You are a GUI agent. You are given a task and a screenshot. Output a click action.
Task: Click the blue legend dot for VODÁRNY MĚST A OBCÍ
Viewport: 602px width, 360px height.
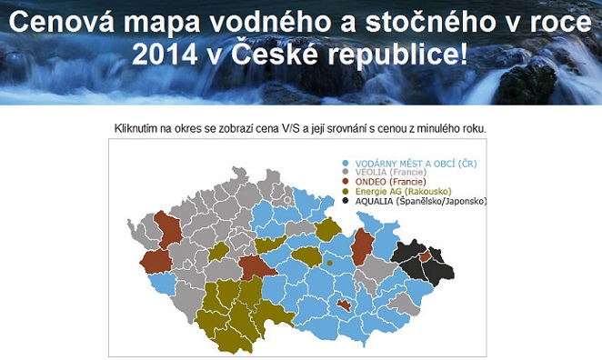pos(345,163)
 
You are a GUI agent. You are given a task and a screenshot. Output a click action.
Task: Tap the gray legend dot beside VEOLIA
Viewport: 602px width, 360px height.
pos(345,172)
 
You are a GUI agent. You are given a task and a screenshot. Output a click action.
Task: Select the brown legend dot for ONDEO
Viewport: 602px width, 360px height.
pos(345,182)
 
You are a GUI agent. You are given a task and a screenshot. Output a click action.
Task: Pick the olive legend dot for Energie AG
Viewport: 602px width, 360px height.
pos(345,191)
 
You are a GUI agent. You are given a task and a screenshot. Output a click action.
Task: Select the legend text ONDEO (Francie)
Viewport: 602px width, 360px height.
pos(386,182)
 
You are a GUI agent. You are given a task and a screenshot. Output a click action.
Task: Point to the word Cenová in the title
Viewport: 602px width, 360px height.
pos(74,23)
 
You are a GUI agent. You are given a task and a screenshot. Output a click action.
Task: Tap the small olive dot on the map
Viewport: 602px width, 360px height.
pos(329,263)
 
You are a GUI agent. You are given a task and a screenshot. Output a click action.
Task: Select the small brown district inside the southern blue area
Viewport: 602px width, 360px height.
pos(343,306)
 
